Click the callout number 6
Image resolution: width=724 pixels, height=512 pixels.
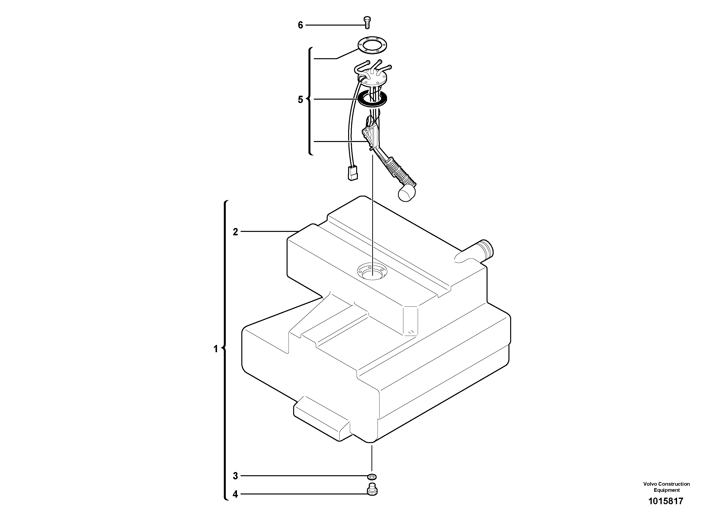[300, 25]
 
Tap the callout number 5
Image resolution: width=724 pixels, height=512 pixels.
[300, 100]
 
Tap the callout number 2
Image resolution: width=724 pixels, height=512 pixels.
[235, 232]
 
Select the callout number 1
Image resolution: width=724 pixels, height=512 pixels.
[216, 349]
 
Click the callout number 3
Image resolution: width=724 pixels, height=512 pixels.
[235, 476]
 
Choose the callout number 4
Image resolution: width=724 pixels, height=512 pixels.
[235, 494]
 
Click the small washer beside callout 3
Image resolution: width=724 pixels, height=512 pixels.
[372, 476]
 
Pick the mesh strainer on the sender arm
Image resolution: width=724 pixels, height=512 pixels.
[399, 171]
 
